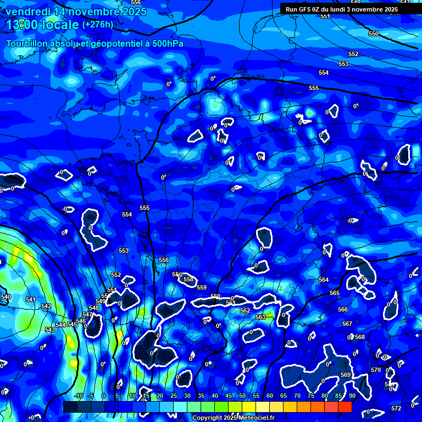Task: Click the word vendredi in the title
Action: point(27,12)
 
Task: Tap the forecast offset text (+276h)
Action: point(98,24)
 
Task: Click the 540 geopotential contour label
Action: point(5,297)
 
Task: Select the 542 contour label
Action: point(46,306)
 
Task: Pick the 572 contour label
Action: point(396,408)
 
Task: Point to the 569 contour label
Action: point(346,375)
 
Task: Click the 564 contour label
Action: point(324,280)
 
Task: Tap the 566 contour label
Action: point(343,309)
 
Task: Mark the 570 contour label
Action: point(376,370)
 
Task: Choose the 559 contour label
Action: point(202,287)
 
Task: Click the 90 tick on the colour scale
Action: point(352,396)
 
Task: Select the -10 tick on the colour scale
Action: point(78,396)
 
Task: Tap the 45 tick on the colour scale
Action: point(229,396)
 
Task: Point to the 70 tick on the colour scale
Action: point(297,396)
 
